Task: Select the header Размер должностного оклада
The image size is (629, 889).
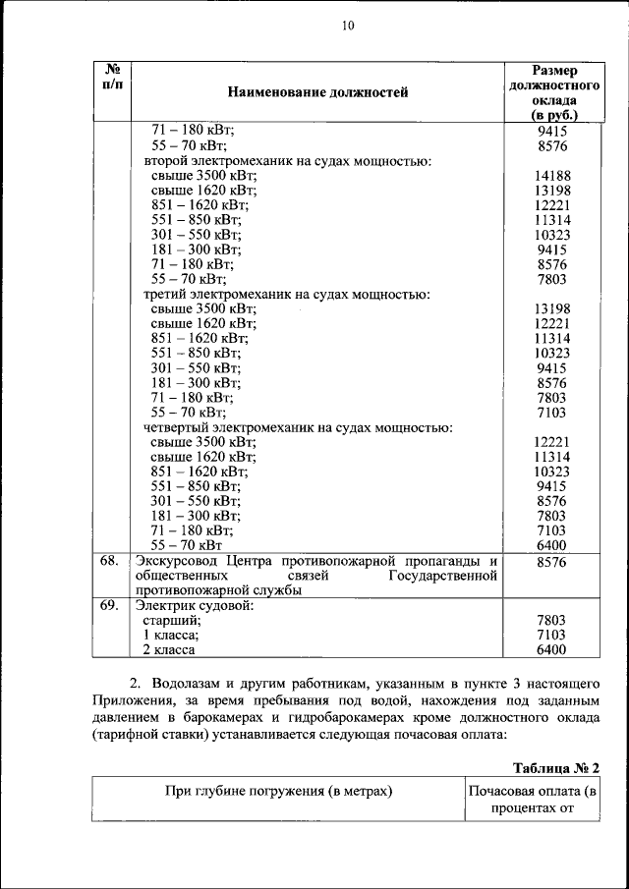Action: (553, 92)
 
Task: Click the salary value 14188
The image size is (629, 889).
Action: (553, 177)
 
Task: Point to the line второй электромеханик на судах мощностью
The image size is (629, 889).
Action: (288, 161)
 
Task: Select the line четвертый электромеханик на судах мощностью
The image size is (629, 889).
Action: (298, 427)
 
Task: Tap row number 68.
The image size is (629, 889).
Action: (110, 560)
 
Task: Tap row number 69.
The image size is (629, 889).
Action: (110, 605)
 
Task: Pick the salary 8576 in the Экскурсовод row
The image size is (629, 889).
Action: (553, 561)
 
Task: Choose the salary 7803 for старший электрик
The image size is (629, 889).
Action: (553, 620)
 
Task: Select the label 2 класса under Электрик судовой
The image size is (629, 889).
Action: (169, 649)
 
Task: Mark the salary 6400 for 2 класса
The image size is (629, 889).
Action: (553, 649)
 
